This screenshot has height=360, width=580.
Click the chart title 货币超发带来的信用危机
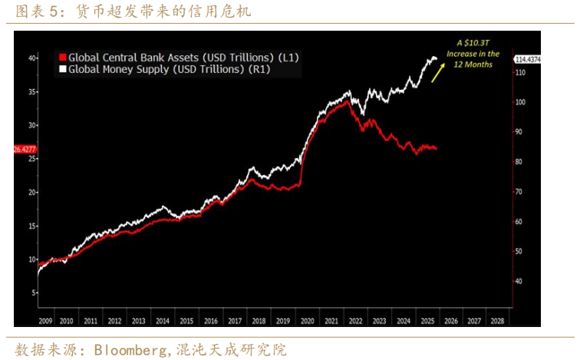(x=164, y=12)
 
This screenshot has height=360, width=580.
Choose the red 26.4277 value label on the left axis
(x=26, y=149)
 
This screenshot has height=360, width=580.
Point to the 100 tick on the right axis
(x=519, y=102)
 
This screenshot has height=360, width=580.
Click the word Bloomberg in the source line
(x=130, y=350)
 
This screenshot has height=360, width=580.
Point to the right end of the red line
(x=437, y=149)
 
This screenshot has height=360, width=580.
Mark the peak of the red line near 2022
(x=347, y=101)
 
